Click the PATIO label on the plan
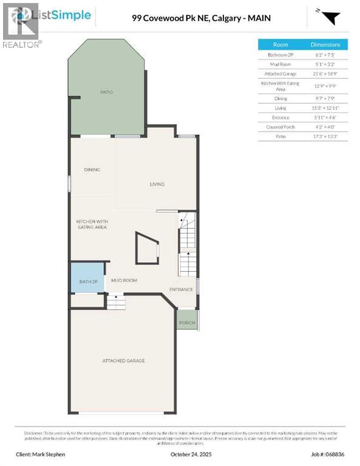tap(107, 92)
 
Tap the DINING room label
tap(92, 170)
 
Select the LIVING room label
tap(157, 184)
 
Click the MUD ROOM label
tap(124, 280)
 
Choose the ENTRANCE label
tap(181, 289)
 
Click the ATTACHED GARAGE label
tap(123, 361)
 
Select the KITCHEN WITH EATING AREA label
tap(92, 224)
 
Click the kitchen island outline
tap(148, 249)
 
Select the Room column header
tap(280, 45)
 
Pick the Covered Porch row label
tap(280, 127)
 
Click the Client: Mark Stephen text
tap(41, 454)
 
